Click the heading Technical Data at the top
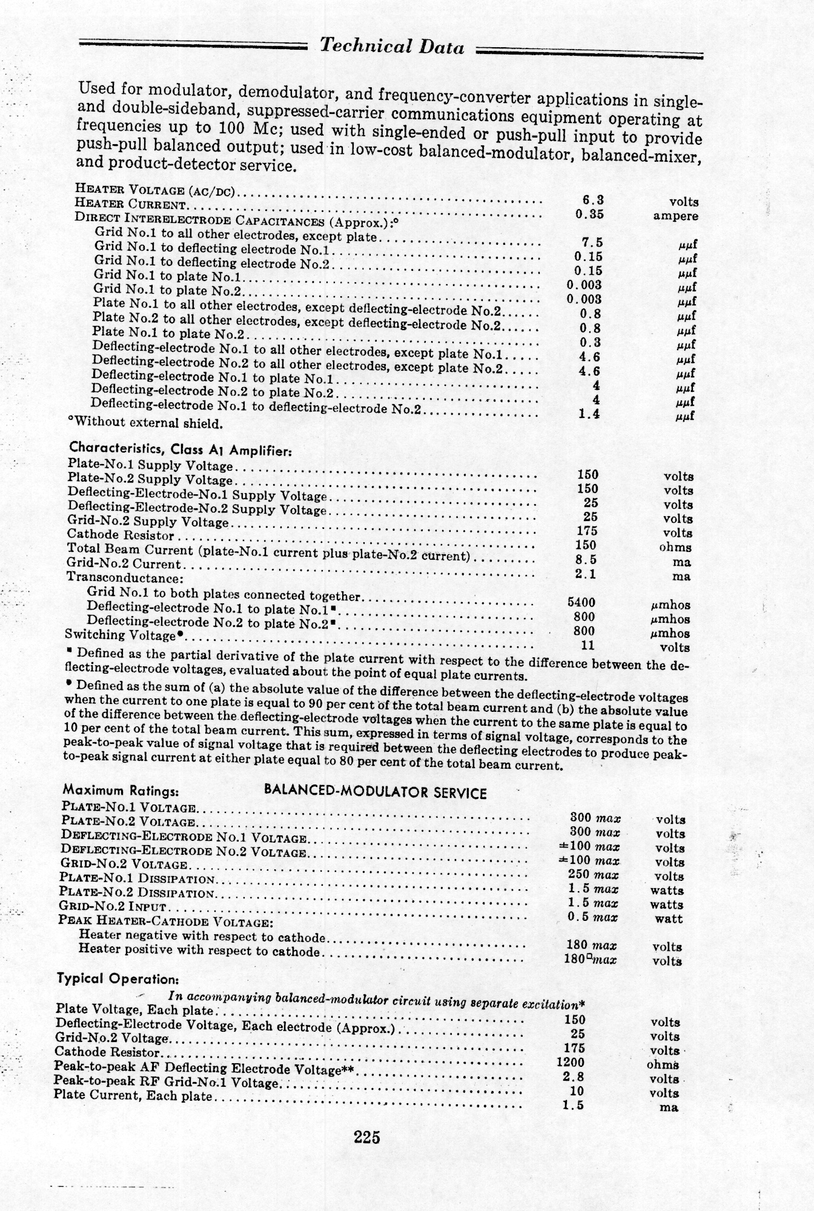(392, 47)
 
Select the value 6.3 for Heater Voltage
(589, 199)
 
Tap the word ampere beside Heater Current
(675, 216)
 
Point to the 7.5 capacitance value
(591, 242)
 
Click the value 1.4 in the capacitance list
(588, 414)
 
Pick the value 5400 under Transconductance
(581, 602)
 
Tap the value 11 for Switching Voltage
(587, 645)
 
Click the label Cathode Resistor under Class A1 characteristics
(121, 535)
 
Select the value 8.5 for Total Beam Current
(586, 559)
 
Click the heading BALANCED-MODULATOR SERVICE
(375, 793)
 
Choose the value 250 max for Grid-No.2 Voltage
(593, 875)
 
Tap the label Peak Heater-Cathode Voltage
(164, 922)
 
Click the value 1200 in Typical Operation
(570, 1062)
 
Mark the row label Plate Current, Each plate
(133, 1095)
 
